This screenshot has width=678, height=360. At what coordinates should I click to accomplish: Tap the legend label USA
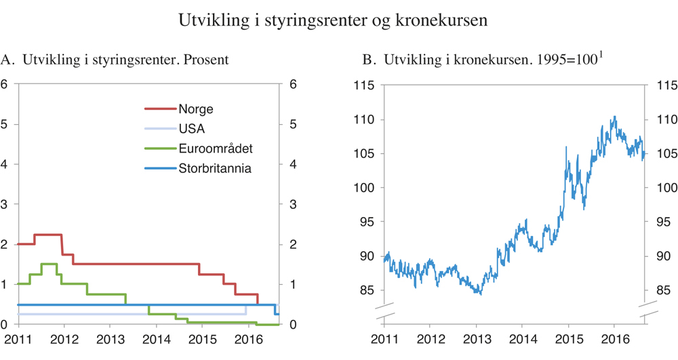coord(191,129)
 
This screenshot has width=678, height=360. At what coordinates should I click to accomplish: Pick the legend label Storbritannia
coord(215,169)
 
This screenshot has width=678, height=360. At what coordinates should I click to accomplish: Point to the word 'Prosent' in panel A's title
coord(205,60)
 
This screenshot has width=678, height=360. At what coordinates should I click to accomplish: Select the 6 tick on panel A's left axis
coord(5,85)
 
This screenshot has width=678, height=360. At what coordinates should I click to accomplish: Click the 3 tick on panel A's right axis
coord(293,205)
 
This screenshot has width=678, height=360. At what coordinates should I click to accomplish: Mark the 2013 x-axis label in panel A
coord(109,339)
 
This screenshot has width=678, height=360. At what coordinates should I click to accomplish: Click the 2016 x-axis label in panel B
coord(614,339)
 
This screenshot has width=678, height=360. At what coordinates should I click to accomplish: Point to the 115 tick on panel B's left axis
coord(365,85)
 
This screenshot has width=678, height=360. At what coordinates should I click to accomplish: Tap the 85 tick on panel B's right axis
coord(661,290)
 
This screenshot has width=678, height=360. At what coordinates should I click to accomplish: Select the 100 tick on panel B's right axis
coord(661,188)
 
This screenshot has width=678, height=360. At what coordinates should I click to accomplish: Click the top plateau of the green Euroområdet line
coord(48,264)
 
